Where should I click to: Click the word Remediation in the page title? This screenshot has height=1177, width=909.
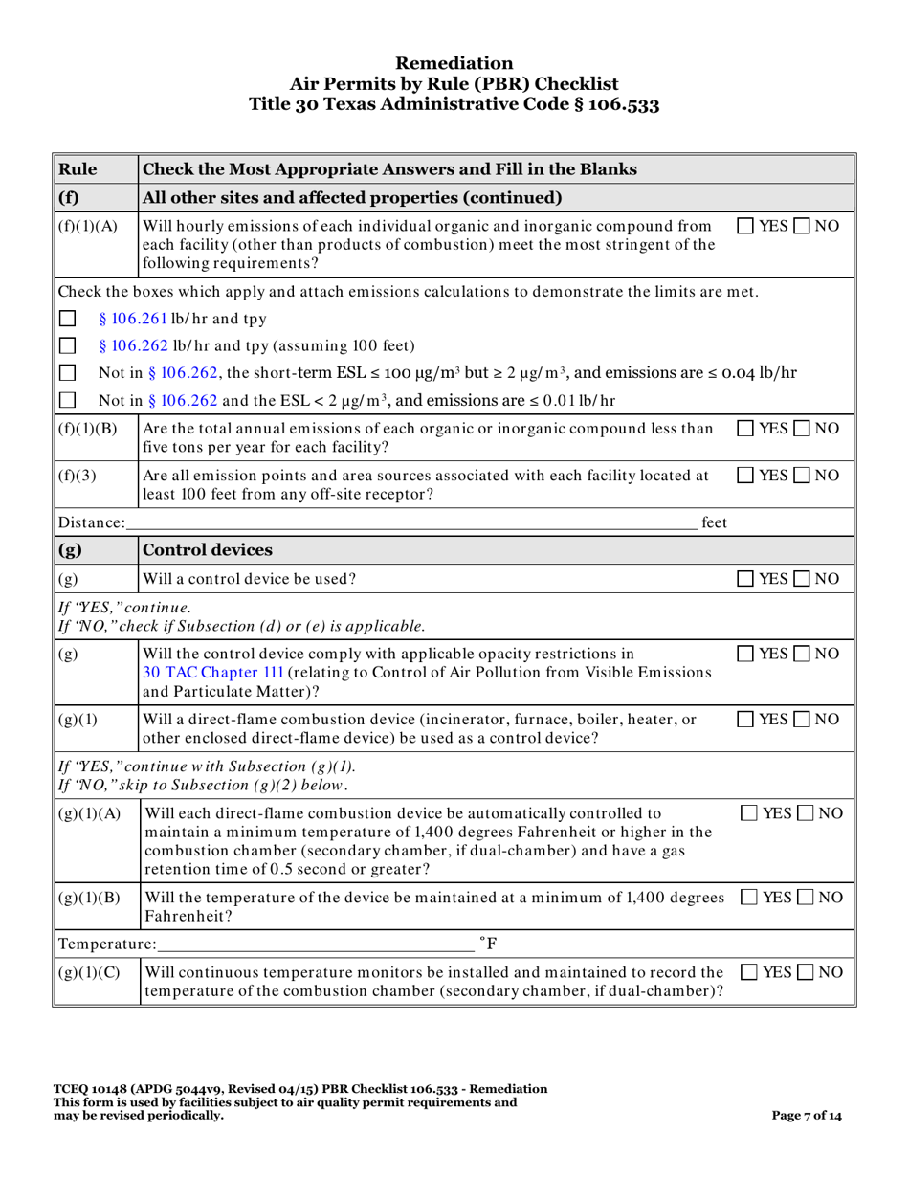pos(454,64)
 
